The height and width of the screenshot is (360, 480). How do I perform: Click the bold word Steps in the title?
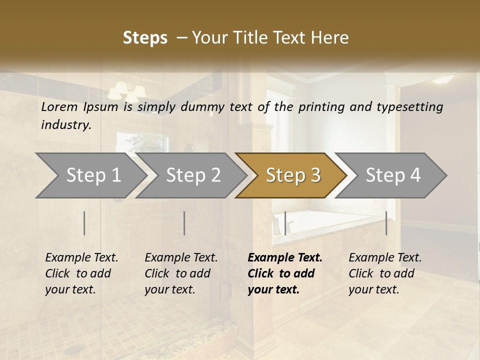(145, 38)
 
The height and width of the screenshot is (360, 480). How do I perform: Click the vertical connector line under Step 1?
(84, 223)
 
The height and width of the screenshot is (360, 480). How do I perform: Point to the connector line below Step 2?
(184, 223)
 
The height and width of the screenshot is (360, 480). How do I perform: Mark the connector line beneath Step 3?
(285, 223)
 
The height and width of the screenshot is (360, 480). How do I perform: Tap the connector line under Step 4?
(386, 223)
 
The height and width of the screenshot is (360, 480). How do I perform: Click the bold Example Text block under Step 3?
(284, 273)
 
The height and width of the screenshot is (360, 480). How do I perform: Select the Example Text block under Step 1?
(81, 273)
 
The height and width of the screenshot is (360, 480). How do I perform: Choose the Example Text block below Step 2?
(181, 273)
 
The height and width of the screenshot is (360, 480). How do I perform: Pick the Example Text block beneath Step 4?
(385, 273)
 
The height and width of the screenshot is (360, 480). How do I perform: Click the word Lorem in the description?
(59, 106)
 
